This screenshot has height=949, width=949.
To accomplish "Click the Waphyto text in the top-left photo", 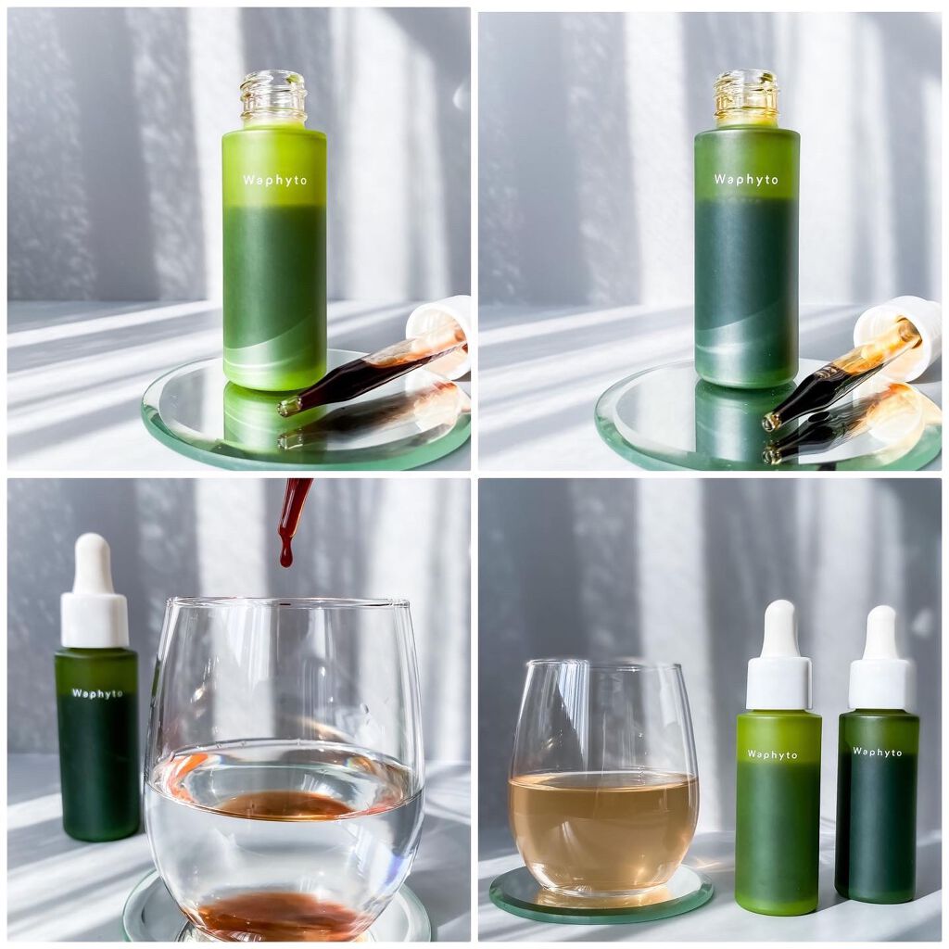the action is pos(274,180).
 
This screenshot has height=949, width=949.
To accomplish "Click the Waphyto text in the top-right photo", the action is pos(746,179).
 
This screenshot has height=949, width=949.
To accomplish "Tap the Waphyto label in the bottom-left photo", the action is pos(96,693).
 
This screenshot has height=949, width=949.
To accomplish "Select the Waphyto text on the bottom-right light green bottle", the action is pos(772,754).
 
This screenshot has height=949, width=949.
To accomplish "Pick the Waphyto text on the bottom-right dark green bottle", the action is pos(877,752).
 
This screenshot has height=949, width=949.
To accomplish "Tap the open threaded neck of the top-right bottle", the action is pos(746,96).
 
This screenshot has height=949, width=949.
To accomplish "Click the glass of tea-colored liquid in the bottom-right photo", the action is pos(602,778).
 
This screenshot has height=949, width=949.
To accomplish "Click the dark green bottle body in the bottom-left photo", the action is pos(96,744).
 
